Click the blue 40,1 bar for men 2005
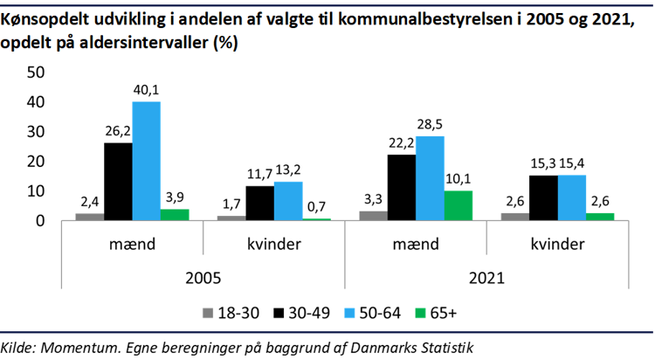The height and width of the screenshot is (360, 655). [x=146, y=162]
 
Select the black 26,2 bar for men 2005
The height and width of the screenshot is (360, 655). [x=118, y=182]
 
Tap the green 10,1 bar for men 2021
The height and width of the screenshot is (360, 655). [x=458, y=205]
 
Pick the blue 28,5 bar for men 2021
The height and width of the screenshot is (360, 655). [x=430, y=178]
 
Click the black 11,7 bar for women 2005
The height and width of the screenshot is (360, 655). [x=259, y=203]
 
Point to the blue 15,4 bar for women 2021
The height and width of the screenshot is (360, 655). [x=571, y=197]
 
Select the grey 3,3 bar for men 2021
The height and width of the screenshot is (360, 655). [x=373, y=215]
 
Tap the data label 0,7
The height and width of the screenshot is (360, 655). [x=316, y=207]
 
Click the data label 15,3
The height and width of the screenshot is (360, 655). [x=542, y=163]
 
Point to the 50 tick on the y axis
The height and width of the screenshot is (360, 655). [x=35, y=73]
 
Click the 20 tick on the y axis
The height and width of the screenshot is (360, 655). [x=35, y=162]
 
